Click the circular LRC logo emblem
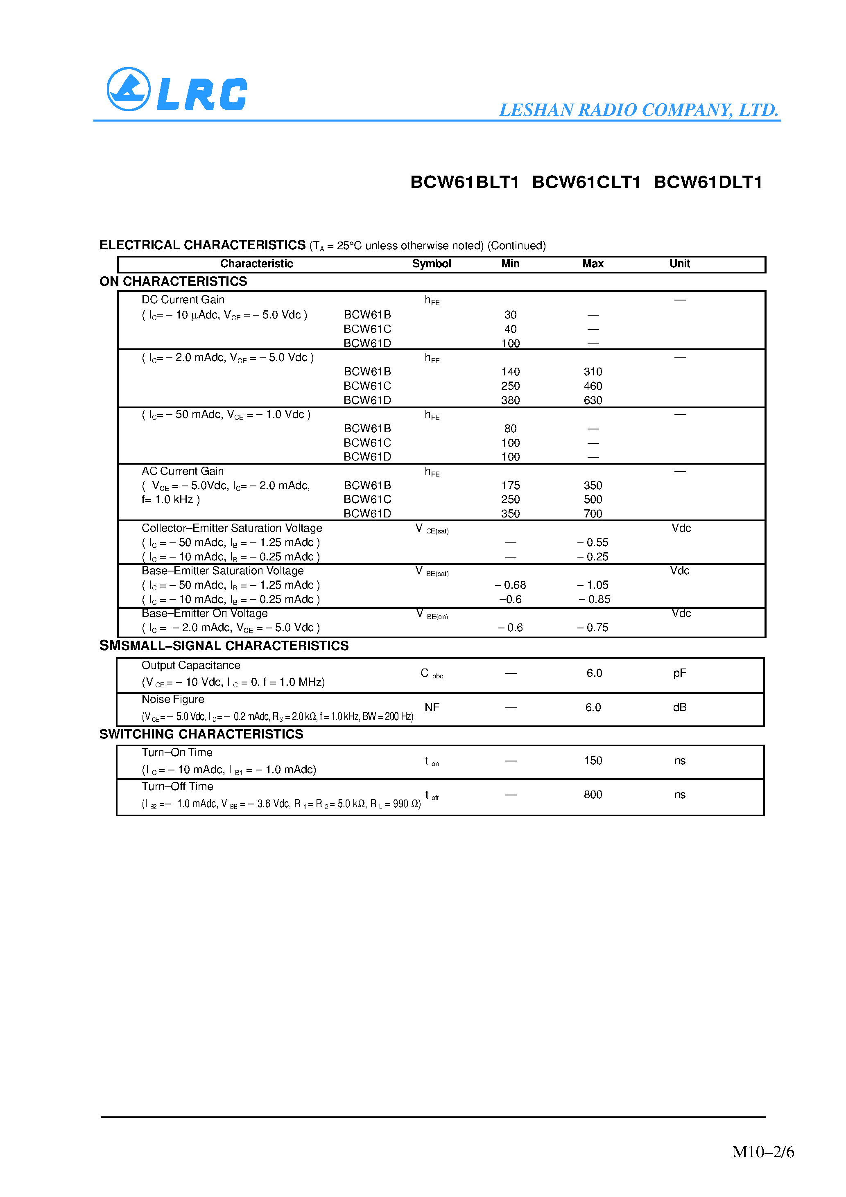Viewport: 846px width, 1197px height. point(128,89)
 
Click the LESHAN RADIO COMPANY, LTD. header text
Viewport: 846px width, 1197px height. point(638,110)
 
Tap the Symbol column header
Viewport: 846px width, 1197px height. point(431,264)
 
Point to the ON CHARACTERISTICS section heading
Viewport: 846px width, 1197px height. point(173,282)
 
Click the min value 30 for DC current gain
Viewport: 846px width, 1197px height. point(510,315)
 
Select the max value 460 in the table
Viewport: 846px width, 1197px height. point(593,386)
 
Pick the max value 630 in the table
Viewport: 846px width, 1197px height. point(593,400)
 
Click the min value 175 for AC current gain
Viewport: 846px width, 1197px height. point(510,486)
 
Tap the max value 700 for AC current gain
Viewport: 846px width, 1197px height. point(593,514)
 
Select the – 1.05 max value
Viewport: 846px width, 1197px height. point(593,585)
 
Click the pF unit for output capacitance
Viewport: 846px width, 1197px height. point(679,673)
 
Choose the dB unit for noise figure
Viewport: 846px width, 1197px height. point(679,707)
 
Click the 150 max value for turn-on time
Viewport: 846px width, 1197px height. point(593,761)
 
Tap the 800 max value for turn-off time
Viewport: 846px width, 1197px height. point(593,795)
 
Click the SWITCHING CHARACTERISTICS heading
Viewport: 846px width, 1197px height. point(201,734)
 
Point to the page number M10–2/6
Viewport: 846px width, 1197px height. point(762,1152)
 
